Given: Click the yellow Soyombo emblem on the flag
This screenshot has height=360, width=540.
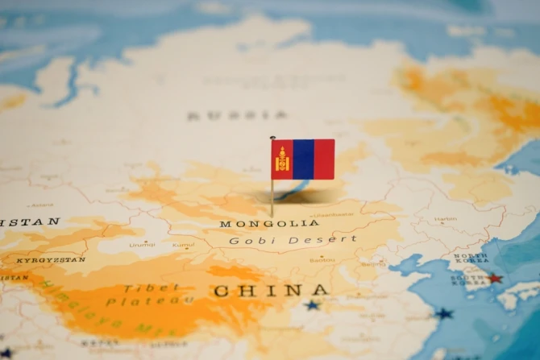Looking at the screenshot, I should point(282,159).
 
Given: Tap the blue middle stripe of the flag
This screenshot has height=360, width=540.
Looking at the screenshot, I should point(303,159).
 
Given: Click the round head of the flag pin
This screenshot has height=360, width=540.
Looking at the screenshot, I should point(272,138).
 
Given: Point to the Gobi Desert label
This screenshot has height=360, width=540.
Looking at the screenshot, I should point(292,240).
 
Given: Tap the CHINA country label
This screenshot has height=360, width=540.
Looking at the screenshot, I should point(271,290).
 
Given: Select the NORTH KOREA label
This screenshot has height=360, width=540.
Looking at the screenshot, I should point(471,258).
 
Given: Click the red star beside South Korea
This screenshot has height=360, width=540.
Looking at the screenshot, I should point(494,279).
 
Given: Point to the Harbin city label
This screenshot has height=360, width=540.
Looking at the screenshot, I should point(445,218).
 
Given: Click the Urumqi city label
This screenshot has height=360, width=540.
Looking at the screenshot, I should point(142,244).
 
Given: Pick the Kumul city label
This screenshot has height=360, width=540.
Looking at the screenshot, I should point(184,244).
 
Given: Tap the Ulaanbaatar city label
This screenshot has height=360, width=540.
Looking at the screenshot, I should point(332,215).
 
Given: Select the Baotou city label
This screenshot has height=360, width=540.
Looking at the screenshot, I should point(322,259).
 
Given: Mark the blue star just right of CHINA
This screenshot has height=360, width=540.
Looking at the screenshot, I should point(312,305).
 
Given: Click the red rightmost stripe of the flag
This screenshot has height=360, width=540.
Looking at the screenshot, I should point(324,159).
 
